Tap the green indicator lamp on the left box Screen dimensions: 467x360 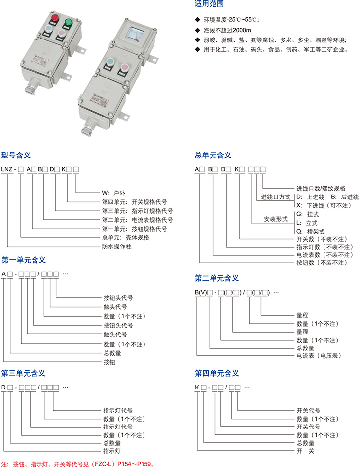click(68, 22)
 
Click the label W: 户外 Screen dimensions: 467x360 click(113, 193)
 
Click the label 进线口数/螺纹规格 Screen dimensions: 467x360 click(321, 188)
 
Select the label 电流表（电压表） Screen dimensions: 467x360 click(319, 355)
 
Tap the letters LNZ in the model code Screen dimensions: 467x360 click(7, 170)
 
